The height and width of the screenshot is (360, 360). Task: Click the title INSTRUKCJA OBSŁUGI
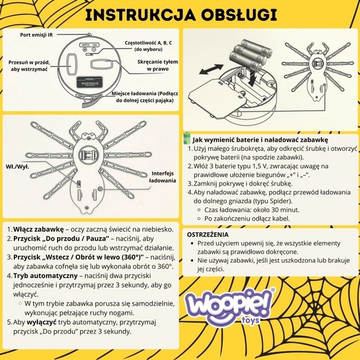(179, 15)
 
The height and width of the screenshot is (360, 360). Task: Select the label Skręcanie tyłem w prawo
(157, 65)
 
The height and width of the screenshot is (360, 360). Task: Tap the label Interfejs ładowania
(162, 176)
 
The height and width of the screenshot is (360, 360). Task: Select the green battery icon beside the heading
(187, 139)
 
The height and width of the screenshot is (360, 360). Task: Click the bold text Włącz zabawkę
(37, 229)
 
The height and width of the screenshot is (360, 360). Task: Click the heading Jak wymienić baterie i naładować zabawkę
(260, 139)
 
